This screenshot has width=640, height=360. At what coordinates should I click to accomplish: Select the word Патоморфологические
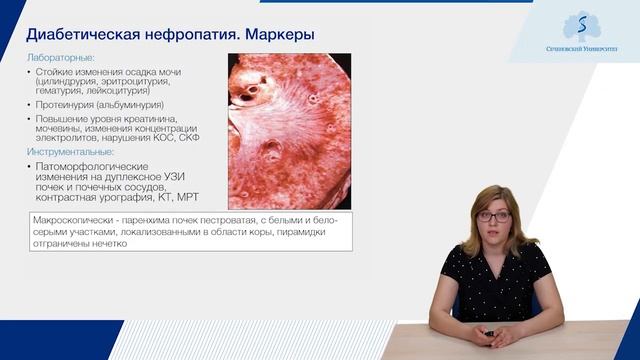[92, 165]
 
